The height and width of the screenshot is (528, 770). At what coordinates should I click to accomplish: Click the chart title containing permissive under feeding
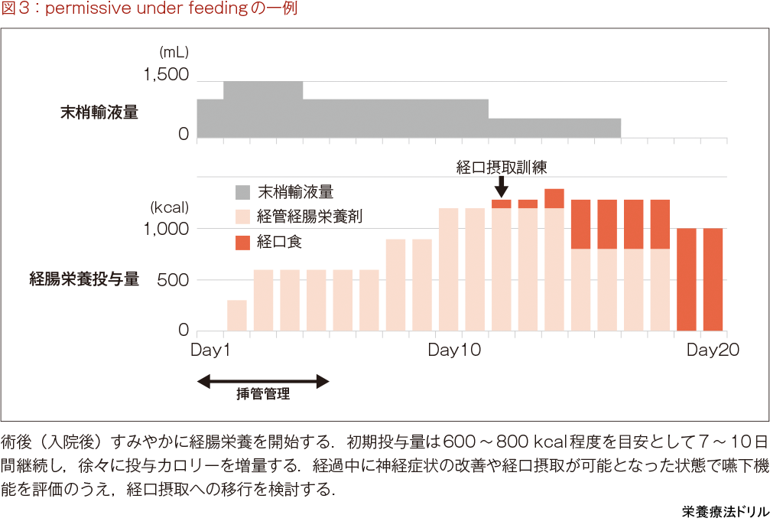click(149, 9)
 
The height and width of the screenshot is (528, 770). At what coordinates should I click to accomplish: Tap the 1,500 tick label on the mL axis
click(165, 75)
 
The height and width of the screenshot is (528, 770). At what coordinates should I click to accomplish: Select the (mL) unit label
click(174, 53)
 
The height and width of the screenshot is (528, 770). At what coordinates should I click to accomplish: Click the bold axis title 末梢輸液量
click(99, 112)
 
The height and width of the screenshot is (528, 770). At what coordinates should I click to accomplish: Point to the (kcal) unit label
click(169, 207)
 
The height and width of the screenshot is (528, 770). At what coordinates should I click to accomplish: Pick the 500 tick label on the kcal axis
click(173, 279)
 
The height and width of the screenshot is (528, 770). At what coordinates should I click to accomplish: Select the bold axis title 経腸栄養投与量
click(84, 279)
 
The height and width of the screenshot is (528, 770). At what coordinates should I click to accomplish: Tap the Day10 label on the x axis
click(454, 350)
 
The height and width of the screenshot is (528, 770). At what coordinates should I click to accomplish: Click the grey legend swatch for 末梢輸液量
click(242, 191)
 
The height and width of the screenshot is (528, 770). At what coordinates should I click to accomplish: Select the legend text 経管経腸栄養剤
click(310, 217)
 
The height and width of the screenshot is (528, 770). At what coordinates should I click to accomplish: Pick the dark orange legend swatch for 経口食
click(242, 243)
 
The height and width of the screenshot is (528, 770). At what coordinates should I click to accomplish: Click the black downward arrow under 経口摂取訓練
click(501, 187)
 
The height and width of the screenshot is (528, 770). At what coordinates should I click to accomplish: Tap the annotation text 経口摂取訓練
click(502, 167)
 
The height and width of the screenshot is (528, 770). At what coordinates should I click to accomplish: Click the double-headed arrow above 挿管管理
click(263, 380)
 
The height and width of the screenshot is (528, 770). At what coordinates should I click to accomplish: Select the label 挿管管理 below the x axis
click(263, 396)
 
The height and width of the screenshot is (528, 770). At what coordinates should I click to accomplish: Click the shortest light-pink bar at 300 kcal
click(237, 316)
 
